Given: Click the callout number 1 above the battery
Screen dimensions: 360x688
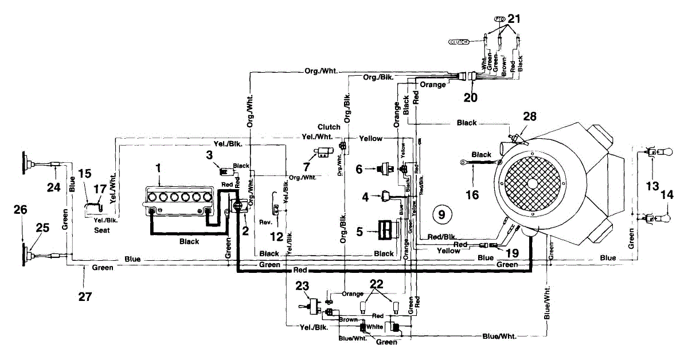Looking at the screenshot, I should tap(159, 168).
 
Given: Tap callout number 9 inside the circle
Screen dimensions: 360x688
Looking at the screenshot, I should tap(441, 214).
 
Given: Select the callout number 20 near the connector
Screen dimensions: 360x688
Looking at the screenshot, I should tap(470, 97).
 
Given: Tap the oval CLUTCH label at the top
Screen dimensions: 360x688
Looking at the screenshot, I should tap(458, 42).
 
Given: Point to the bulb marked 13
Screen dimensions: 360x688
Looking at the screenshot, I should tap(659, 152).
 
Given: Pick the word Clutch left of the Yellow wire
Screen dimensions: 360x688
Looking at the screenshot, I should tap(329, 127).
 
